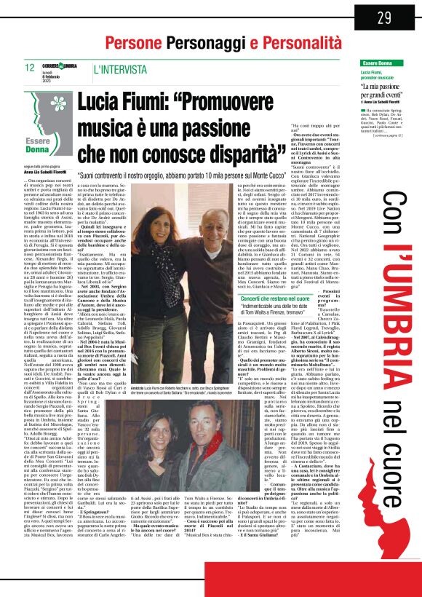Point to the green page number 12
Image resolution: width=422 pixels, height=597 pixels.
(x=31, y=68)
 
